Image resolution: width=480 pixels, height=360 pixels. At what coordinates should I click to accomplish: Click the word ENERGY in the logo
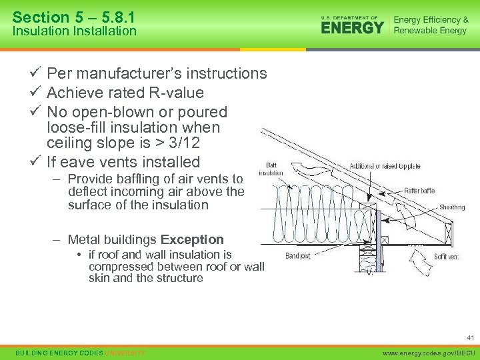click(352, 27)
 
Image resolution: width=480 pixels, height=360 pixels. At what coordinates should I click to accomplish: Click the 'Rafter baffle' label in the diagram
click(419, 191)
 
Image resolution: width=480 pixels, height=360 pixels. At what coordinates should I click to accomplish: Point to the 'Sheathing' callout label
click(452, 207)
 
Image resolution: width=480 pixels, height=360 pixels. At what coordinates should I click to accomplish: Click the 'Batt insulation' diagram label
click(271, 169)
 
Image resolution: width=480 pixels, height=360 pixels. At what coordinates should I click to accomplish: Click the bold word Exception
click(192, 239)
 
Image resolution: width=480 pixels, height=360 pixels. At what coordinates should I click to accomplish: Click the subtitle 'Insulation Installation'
click(74, 31)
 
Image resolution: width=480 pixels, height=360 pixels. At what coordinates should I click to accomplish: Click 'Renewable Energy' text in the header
click(430, 31)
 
